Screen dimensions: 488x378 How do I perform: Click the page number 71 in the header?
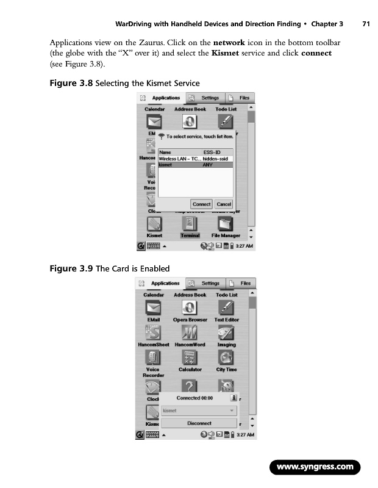366,24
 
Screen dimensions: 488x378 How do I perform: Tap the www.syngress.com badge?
315,468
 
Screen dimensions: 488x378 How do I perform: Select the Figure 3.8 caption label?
71,83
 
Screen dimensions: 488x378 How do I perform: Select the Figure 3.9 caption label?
71,269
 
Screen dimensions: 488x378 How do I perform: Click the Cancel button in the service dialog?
224,204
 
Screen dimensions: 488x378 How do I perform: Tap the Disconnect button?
199,423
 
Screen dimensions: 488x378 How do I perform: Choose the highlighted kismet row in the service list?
195,164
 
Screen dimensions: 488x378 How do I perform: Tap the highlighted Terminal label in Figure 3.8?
190,235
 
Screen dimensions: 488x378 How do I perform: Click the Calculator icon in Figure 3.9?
190,357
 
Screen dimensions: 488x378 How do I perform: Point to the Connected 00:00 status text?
194,398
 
